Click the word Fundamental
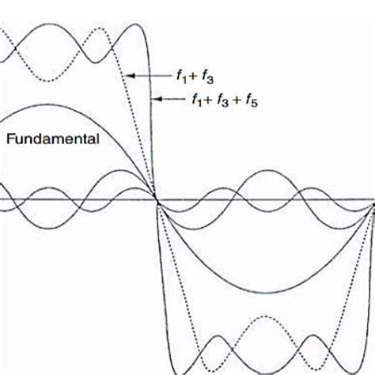pyautogui.click(x=53, y=139)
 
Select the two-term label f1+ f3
pyautogui.click(x=195, y=78)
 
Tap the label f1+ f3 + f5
pyautogui.click(x=225, y=100)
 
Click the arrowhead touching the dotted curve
pyautogui.click(x=131, y=76)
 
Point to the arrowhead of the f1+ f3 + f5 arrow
pyautogui.click(x=157, y=99)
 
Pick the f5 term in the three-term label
pyautogui.click(x=252, y=101)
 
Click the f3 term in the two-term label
pyautogui.click(x=207, y=78)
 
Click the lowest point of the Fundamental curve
pyautogui.click(x=267, y=293)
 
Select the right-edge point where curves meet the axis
pyautogui.click(x=373, y=205)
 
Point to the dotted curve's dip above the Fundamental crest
pyautogui.click(x=48, y=81)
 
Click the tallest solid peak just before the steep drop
pyautogui.click(x=136, y=25)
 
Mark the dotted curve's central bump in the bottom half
pyautogui.click(x=264, y=316)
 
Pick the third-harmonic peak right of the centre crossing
pyautogui.click(x=267, y=171)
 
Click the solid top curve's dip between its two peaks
pyautogui.click(x=96, y=62)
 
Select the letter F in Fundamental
pyautogui.click(x=9, y=139)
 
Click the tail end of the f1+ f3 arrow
pyautogui.click(x=171, y=76)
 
